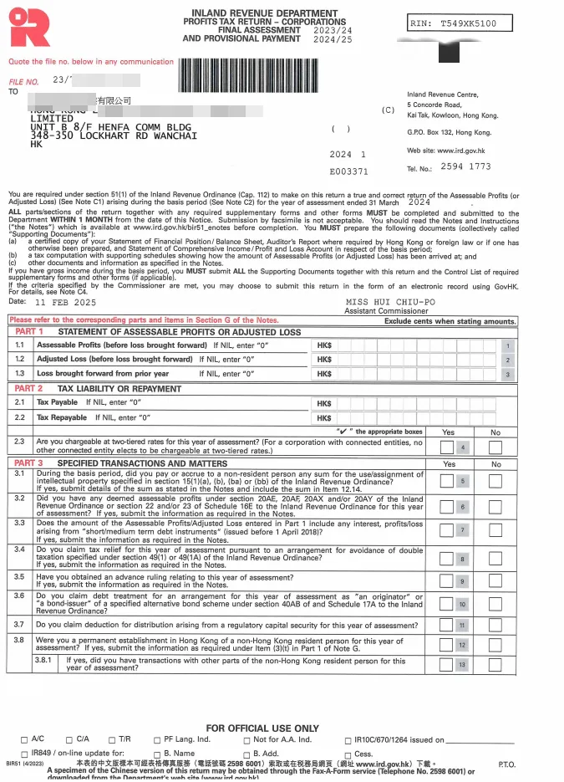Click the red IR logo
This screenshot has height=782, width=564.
point(29,28)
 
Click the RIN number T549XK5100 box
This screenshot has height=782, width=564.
point(459,24)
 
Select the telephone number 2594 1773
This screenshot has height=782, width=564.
point(465,167)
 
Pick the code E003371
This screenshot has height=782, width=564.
point(348,171)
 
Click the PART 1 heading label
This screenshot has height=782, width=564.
point(29,332)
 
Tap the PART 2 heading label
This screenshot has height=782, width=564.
point(29,389)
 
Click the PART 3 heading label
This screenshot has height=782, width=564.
point(29,463)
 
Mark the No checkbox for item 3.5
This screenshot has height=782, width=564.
point(495,581)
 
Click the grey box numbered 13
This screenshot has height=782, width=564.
point(462,664)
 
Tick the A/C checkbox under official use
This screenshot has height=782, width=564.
point(23,740)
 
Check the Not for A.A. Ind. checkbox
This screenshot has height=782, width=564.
point(246,740)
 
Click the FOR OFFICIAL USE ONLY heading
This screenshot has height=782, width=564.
point(262,728)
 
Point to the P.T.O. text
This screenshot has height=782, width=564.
point(506,764)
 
